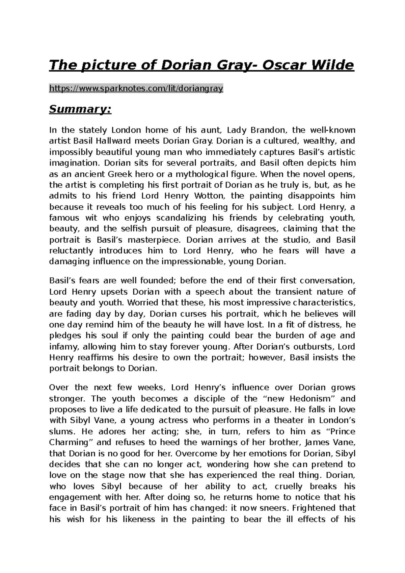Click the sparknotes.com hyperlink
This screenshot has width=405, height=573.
[136, 89]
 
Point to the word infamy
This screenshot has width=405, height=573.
[64, 347]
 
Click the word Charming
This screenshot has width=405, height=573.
[70, 443]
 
